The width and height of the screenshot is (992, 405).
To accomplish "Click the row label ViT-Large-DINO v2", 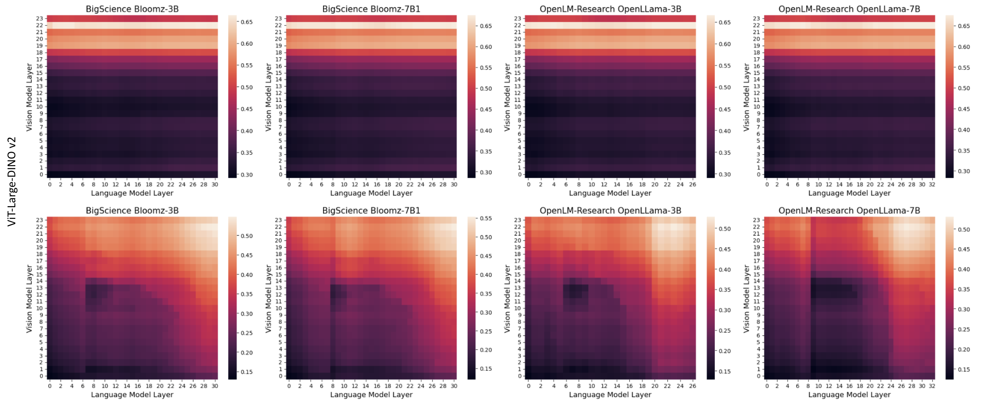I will pyautogui.click(x=12, y=181).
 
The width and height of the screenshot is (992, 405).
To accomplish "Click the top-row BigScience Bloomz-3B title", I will pyautogui.click(x=132, y=9).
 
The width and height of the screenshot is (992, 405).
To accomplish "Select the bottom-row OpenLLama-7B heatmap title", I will pyautogui.click(x=849, y=210).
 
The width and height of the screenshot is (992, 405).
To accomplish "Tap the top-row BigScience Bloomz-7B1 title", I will pyautogui.click(x=371, y=9).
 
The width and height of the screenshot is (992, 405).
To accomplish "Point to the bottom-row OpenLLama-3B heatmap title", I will pyautogui.click(x=610, y=210).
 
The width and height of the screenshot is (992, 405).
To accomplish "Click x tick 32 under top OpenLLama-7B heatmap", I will pyautogui.click(x=932, y=185).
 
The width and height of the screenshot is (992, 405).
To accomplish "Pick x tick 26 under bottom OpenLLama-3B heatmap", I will pyautogui.click(x=692, y=386).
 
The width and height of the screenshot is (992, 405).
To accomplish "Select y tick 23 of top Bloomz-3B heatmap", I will pyautogui.click(x=40, y=19).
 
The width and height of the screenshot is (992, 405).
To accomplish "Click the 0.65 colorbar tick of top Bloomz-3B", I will pyautogui.click(x=247, y=22).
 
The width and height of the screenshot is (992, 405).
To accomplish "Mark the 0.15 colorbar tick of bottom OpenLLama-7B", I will pyautogui.click(x=964, y=370).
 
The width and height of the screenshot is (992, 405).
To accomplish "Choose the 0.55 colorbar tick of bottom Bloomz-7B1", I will pyautogui.click(x=486, y=218).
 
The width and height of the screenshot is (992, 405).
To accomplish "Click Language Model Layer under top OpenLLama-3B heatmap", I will pyautogui.click(x=610, y=193).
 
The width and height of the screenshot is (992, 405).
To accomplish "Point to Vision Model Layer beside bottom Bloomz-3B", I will pyautogui.click(x=29, y=298).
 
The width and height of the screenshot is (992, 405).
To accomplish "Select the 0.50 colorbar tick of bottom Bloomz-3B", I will pyautogui.click(x=247, y=236).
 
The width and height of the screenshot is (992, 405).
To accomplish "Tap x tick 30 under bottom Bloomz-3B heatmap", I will pyautogui.click(x=215, y=386).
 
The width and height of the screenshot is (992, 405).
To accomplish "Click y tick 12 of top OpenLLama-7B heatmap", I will pyautogui.click(x=757, y=93).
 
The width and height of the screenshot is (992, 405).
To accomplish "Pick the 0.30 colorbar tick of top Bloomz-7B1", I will pyautogui.click(x=486, y=172).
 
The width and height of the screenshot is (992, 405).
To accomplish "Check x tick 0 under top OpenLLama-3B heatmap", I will pyautogui.click(x=528, y=185).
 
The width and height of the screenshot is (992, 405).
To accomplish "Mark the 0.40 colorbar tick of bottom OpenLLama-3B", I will pyautogui.click(x=725, y=270).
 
